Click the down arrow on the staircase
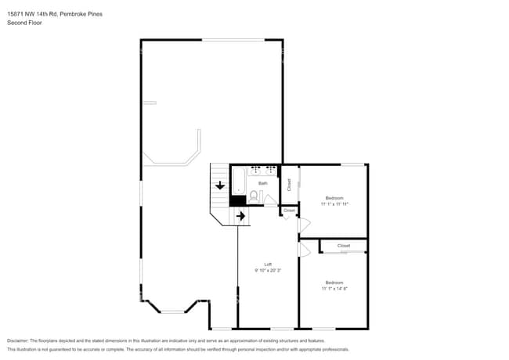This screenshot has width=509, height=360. point(220,185)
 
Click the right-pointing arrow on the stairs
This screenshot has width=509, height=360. point(240,215)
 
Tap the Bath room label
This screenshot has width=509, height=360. point(263,183)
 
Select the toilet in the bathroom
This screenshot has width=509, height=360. point(255,195)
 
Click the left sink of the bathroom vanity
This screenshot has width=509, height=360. point(254,169)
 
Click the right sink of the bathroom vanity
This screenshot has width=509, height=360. point(270,169)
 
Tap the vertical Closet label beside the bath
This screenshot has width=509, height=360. point(289,185)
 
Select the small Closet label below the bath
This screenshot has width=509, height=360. point(289,211)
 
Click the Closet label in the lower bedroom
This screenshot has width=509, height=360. point(343,246)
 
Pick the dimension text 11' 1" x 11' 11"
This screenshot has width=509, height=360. point(334,203)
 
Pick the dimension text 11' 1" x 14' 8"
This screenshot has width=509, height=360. point(334,288)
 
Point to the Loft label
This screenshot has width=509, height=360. point(268,265)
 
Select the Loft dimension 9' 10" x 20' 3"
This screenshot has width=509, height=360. point(268,270)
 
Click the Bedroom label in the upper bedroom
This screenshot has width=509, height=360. point(334,198)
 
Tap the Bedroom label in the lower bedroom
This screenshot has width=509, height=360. point(334,282)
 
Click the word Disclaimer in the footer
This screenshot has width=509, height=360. point(21,341)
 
